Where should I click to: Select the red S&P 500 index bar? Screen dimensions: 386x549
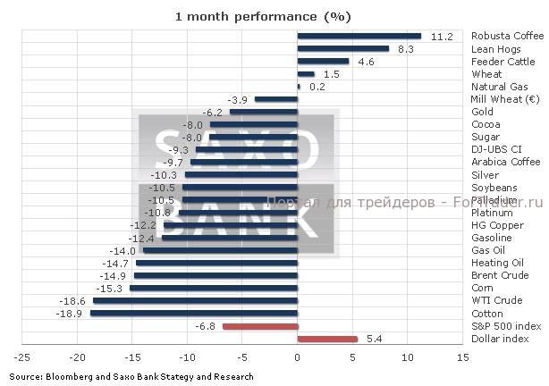pyautogui.click(x=259, y=326)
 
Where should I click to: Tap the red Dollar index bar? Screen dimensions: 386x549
pyautogui.click(x=327, y=339)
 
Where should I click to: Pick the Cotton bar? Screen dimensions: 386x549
pyautogui.click(x=193, y=314)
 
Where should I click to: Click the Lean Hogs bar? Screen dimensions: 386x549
pyautogui.click(x=342, y=48)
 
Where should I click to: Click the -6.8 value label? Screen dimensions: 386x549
pyautogui.click(x=205, y=327)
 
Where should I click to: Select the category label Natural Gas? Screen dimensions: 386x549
pyautogui.click(x=499, y=87)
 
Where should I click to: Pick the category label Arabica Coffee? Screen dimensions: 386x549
pyautogui.click(x=505, y=163)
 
